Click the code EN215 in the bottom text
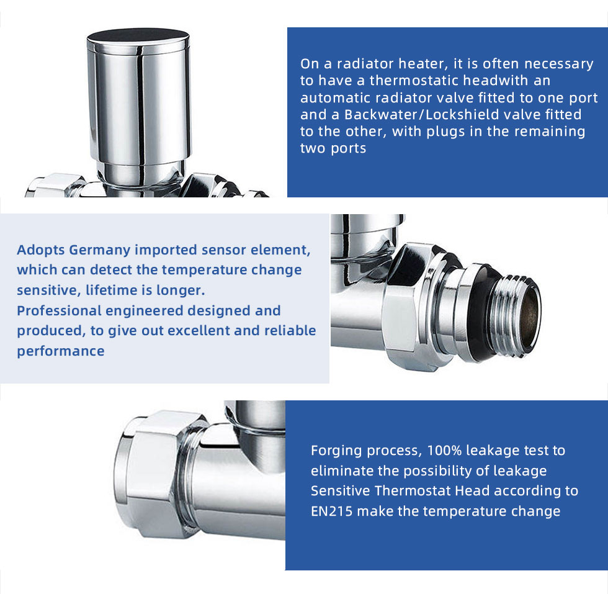point(331,511)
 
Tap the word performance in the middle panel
point(61,351)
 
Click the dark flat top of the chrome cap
point(138,36)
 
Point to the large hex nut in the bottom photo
point(153,474)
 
